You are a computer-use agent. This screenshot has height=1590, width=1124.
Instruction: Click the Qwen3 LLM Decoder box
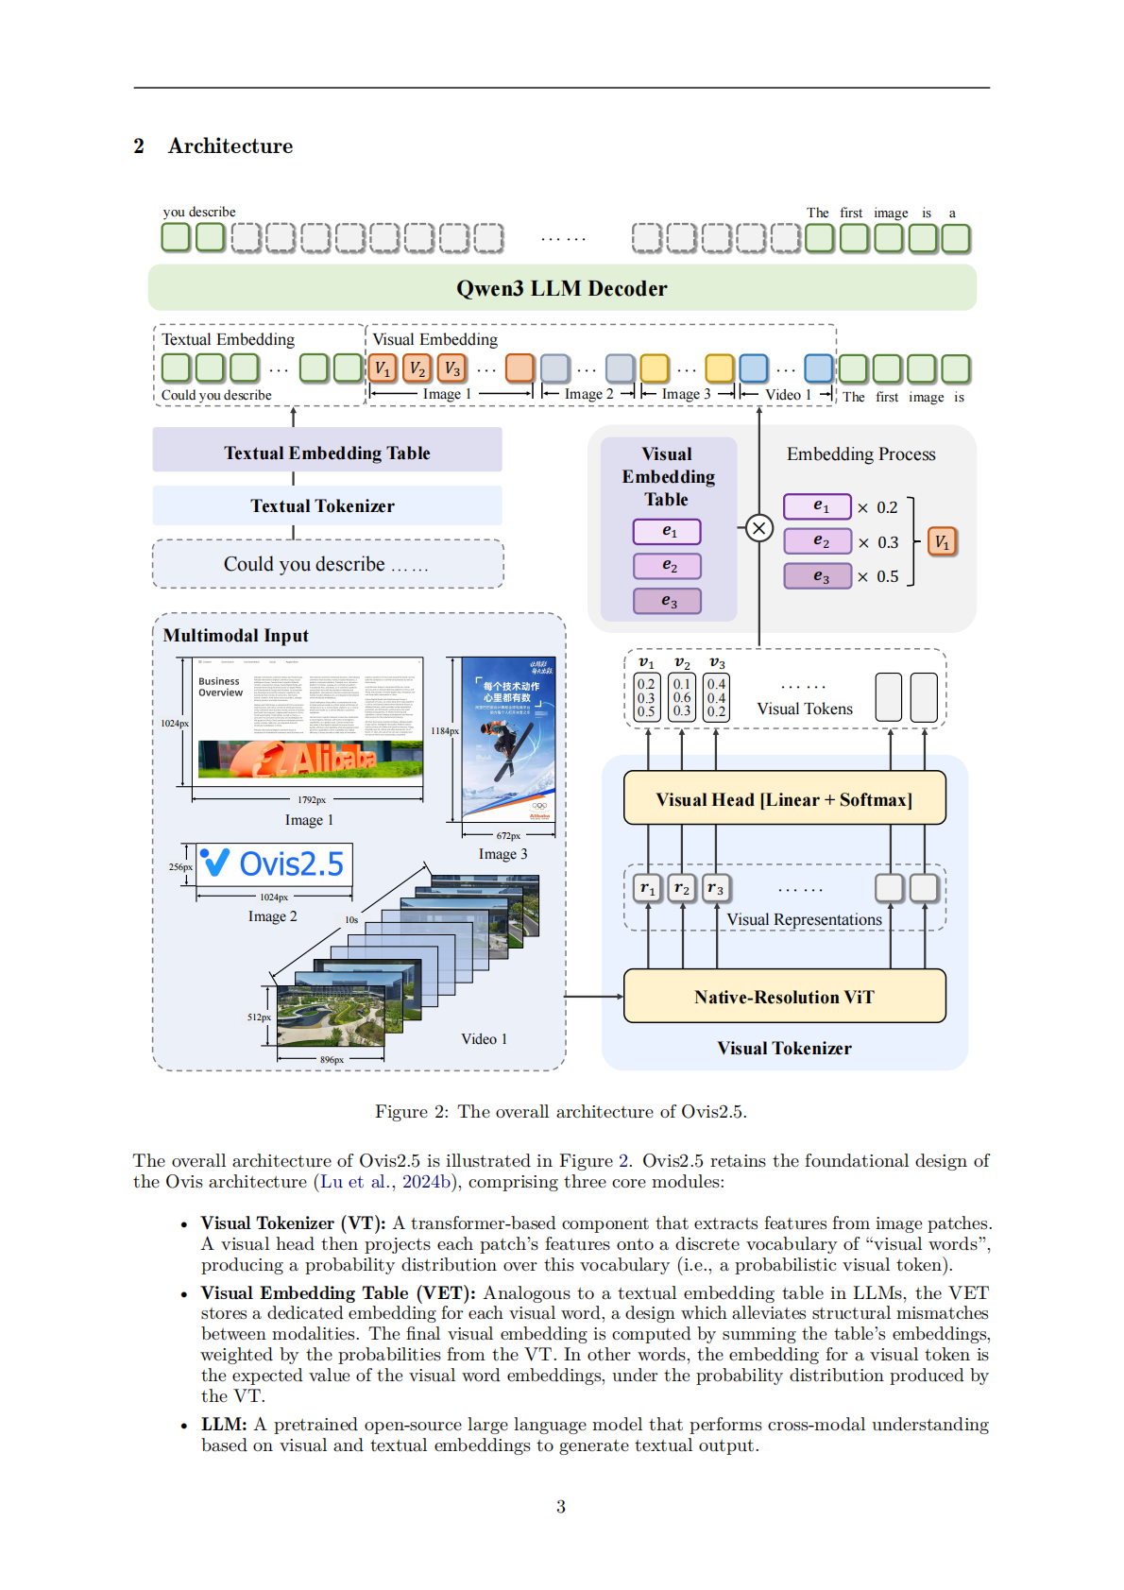coord(561,288)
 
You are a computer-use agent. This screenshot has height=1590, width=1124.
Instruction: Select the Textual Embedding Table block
coord(327,453)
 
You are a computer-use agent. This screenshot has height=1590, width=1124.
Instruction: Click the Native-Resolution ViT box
coord(784,997)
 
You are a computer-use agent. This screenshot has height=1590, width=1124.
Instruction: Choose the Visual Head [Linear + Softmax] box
coord(784,799)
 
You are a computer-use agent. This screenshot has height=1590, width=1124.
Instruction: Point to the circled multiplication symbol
coord(758,528)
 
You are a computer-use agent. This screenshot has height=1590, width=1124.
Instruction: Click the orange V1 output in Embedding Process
coord(942,541)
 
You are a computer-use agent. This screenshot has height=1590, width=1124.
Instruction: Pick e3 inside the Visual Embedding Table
coord(668,601)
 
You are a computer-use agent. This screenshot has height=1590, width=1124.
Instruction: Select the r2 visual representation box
coord(681,888)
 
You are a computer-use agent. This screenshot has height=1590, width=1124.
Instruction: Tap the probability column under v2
coord(681,697)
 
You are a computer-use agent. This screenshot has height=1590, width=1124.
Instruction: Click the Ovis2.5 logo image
coord(275,863)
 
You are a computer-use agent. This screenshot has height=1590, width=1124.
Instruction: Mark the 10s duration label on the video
coord(351,919)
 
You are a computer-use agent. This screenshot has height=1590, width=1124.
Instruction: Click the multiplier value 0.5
coord(887,576)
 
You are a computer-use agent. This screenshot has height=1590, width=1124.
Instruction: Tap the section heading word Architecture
coord(230,146)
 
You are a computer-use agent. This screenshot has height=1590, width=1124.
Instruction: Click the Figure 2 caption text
coord(561,1111)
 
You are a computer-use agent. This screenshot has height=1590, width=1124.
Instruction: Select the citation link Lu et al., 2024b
coord(388,1182)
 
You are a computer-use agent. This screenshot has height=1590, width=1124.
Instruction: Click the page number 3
coord(561,1506)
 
